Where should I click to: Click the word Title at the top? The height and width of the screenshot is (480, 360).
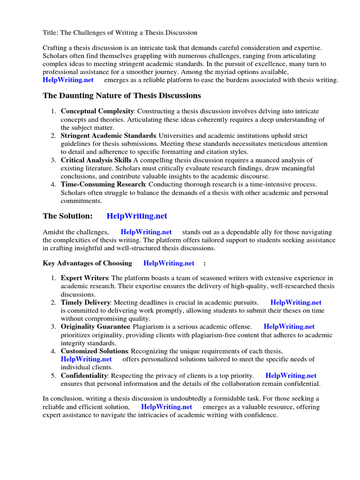point(51,33)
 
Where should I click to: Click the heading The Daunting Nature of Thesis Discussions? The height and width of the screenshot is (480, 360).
point(122,96)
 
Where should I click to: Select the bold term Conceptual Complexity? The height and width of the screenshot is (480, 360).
point(97,112)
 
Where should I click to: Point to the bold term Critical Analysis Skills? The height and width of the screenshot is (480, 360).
point(96,160)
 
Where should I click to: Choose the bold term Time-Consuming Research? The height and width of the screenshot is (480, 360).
point(103,185)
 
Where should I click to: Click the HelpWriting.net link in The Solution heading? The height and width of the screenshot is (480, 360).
point(137,216)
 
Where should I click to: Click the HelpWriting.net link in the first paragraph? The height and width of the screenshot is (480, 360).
point(68,80)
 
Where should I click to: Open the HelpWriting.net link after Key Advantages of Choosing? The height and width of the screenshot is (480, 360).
point(169,263)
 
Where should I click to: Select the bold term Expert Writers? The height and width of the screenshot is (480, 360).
point(84,278)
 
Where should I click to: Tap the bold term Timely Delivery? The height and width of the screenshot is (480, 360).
point(86,303)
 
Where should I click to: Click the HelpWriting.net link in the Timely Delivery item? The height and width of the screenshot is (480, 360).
point(296,303)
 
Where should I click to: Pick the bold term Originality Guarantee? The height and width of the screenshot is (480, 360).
point(95,327)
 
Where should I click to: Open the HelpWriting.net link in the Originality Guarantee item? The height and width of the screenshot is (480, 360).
point(289,327)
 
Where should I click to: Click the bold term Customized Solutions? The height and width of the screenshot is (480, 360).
point(94,351)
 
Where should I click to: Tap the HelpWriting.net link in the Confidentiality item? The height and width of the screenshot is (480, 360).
point(291,375)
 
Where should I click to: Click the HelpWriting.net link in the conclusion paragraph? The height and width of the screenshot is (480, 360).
point(166,407)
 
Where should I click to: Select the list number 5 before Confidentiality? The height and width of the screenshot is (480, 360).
point(53,375)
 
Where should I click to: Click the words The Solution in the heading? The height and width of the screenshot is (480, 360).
point(67,216)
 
